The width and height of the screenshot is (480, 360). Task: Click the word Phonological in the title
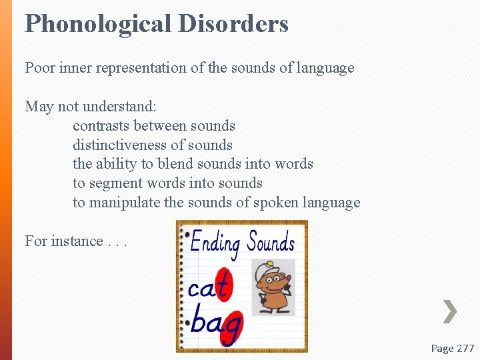point(98,24)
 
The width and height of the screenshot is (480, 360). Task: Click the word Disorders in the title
point(233,24)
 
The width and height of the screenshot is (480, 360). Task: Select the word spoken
point(275,203)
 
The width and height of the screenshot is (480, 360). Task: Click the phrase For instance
point(64,241)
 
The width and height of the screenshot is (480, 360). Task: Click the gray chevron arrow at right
point(450,311)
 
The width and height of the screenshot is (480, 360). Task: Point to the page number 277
point(463,348)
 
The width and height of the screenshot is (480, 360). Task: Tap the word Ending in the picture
point(215,243)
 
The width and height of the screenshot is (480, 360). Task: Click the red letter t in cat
point(223,285)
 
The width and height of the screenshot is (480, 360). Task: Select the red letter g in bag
point(232,325)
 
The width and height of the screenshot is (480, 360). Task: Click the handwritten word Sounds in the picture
point(271,241)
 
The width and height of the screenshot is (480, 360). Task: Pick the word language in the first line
point(325,68)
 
